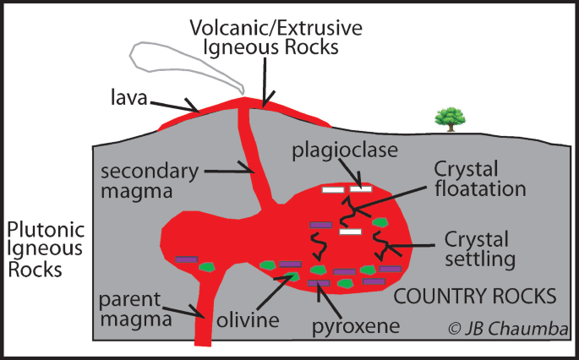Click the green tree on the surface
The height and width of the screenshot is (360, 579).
click(450, 119)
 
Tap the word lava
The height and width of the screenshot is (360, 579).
click(129, 97)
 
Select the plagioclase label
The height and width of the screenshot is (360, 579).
click(345, 151)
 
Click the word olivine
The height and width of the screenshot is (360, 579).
click(248, 319)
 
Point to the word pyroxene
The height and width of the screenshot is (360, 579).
click(356, 326)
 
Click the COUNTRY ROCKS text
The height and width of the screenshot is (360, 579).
click(475, 296)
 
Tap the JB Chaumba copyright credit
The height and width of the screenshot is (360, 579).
click(508, 328)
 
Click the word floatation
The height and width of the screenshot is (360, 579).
click(480, 188)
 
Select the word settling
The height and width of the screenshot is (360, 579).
click(480, 259)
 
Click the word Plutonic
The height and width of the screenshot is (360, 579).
click(46, 230)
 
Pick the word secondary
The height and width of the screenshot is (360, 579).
click(150, 172)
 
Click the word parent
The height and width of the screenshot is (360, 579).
click(130, 300)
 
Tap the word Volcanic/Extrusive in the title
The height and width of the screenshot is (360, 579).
click(276, 28)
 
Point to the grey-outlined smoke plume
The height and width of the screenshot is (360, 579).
click(187, 68)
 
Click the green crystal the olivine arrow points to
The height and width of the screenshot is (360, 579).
click(293, 276)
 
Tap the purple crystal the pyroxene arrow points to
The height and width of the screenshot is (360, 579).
click(319, 283)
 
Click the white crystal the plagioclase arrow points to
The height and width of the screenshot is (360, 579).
click(361, 189)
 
